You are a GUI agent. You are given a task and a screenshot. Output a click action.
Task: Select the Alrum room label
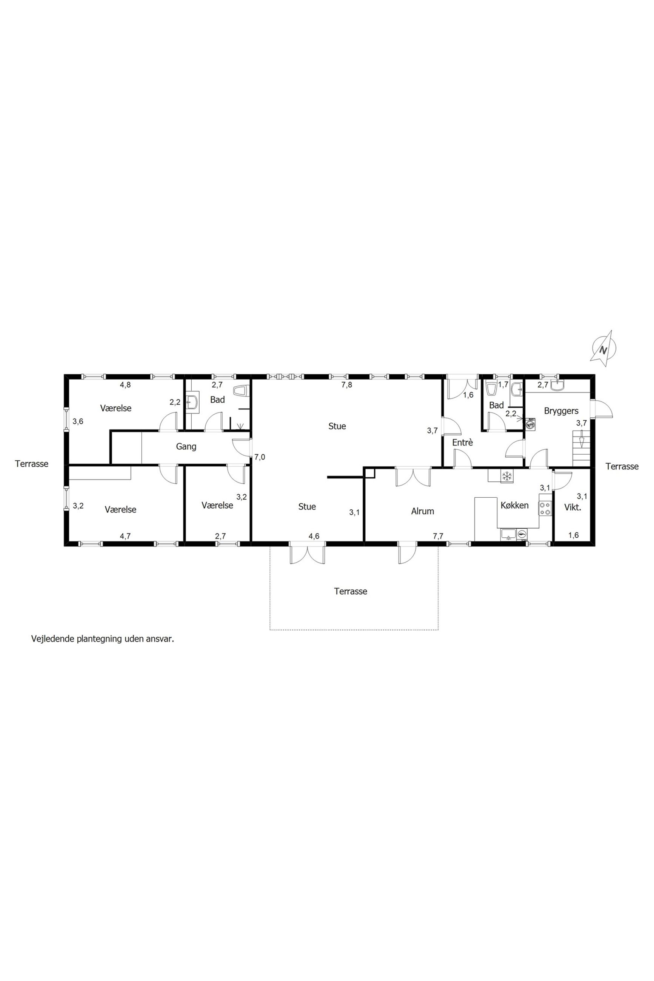pyautogui.click(x=423, y=511)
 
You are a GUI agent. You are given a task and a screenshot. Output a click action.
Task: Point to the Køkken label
pyautogui.click(x=514, y=505)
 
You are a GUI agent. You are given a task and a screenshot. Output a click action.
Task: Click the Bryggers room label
pyautogui.click(x=561, y=411)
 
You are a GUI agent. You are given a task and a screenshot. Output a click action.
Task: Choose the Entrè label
pyautogui.click(x=463, y=442)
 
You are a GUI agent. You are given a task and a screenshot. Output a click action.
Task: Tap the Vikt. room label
pyautogui.click(x=572, y=507)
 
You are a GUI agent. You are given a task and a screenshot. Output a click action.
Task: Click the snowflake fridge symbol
pyautogui.click(x=507, y=476)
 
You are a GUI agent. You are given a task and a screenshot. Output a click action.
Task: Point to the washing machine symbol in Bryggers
pyautogui.click(x=531, y=425)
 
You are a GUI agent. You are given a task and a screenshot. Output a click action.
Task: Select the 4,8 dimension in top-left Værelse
pyautogui.click(x=125, y=385)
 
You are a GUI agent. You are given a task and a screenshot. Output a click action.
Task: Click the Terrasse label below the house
pyautogui.click(x=350, y=591)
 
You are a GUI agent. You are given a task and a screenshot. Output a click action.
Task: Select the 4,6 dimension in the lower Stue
pyautogui.click(x=314, y=536)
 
